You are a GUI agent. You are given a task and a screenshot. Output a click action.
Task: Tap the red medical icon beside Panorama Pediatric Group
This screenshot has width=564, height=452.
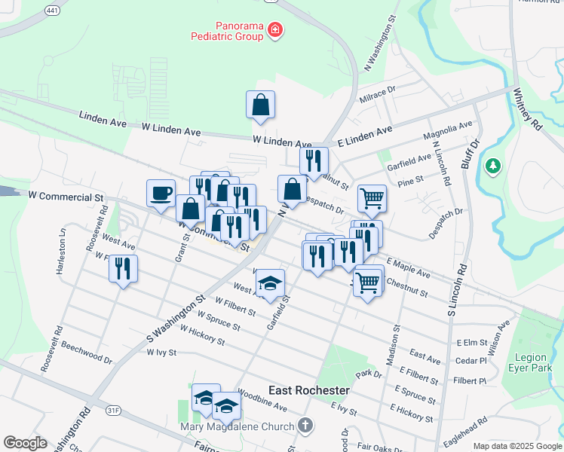click(x=276, y=29)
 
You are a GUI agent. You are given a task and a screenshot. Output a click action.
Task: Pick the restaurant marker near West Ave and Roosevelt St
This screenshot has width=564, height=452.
click(x=123, y=268)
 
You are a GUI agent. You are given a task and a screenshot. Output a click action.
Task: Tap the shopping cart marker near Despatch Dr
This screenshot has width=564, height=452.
click(x=372, y=199)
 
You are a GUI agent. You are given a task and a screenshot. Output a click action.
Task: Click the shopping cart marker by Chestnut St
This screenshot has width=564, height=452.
click(x=367, y=282)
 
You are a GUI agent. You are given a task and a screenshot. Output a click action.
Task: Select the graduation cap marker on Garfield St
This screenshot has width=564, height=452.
click(x=270, y=284)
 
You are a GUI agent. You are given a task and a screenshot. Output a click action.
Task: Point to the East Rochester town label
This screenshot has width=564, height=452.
click(x=309, y=390)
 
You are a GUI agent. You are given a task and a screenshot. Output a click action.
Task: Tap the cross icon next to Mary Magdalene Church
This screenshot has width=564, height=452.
click(x=305, y=426)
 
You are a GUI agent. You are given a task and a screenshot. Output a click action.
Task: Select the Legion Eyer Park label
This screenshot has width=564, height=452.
click(x=531, y=362)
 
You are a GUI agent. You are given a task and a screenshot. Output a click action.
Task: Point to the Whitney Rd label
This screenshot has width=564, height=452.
click(x=527, y=108)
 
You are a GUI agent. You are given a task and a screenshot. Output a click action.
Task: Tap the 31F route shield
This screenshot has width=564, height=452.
click(x=113, y=411)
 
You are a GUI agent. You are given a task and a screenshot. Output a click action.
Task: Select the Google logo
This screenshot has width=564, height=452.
click(x=26, y=443)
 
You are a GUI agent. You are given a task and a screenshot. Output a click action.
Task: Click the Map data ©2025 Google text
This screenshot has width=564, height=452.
click(x=516, y=446)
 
